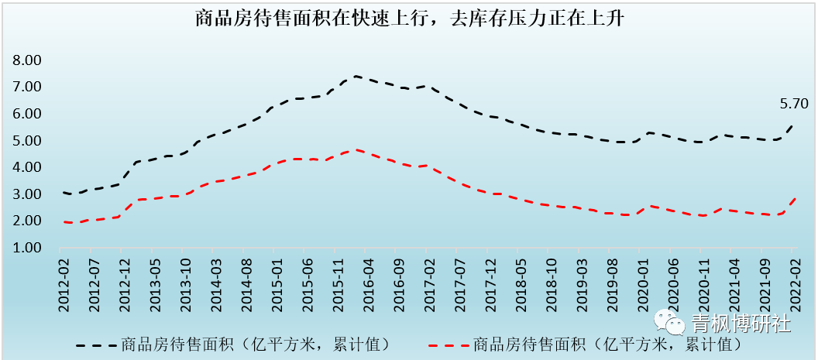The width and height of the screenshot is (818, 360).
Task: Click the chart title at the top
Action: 409,19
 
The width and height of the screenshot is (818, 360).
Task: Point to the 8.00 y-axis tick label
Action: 29,60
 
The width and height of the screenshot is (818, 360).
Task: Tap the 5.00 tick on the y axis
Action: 29,140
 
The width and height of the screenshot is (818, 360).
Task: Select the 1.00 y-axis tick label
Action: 29,248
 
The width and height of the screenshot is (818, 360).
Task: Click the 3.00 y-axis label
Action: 29,194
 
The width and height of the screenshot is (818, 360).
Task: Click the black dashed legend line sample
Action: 98,343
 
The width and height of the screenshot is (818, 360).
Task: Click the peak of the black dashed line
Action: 355,76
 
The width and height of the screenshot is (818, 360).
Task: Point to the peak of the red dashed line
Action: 356,150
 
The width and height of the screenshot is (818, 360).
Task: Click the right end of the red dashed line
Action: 795,198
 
